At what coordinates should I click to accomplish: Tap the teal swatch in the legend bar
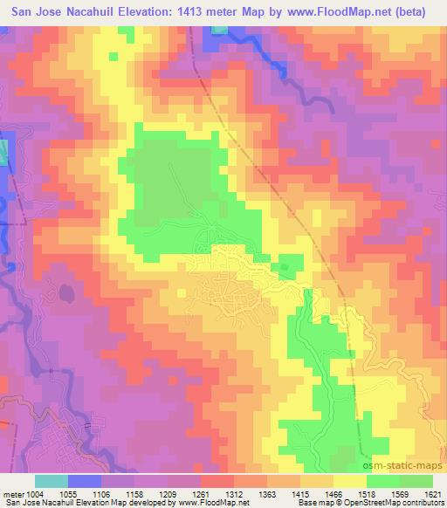pyautogui.click(x=52, y=481)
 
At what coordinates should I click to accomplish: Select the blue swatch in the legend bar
pyautogui.click(x=85, y=481)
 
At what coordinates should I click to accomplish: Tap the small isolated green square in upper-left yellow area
pyautogui.click(x=113, y=57)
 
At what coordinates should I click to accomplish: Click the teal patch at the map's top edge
pyautogui.click(x=218, y=30)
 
